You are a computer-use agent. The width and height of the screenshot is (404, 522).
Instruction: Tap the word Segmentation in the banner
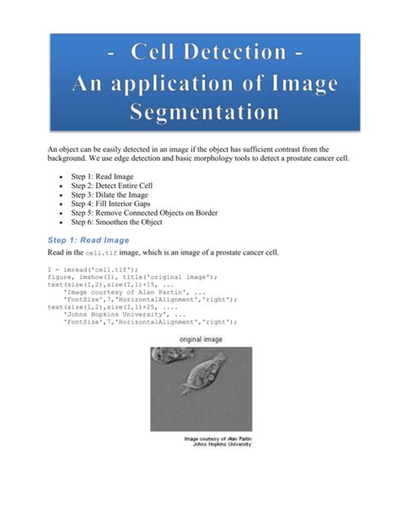[205, 112]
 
